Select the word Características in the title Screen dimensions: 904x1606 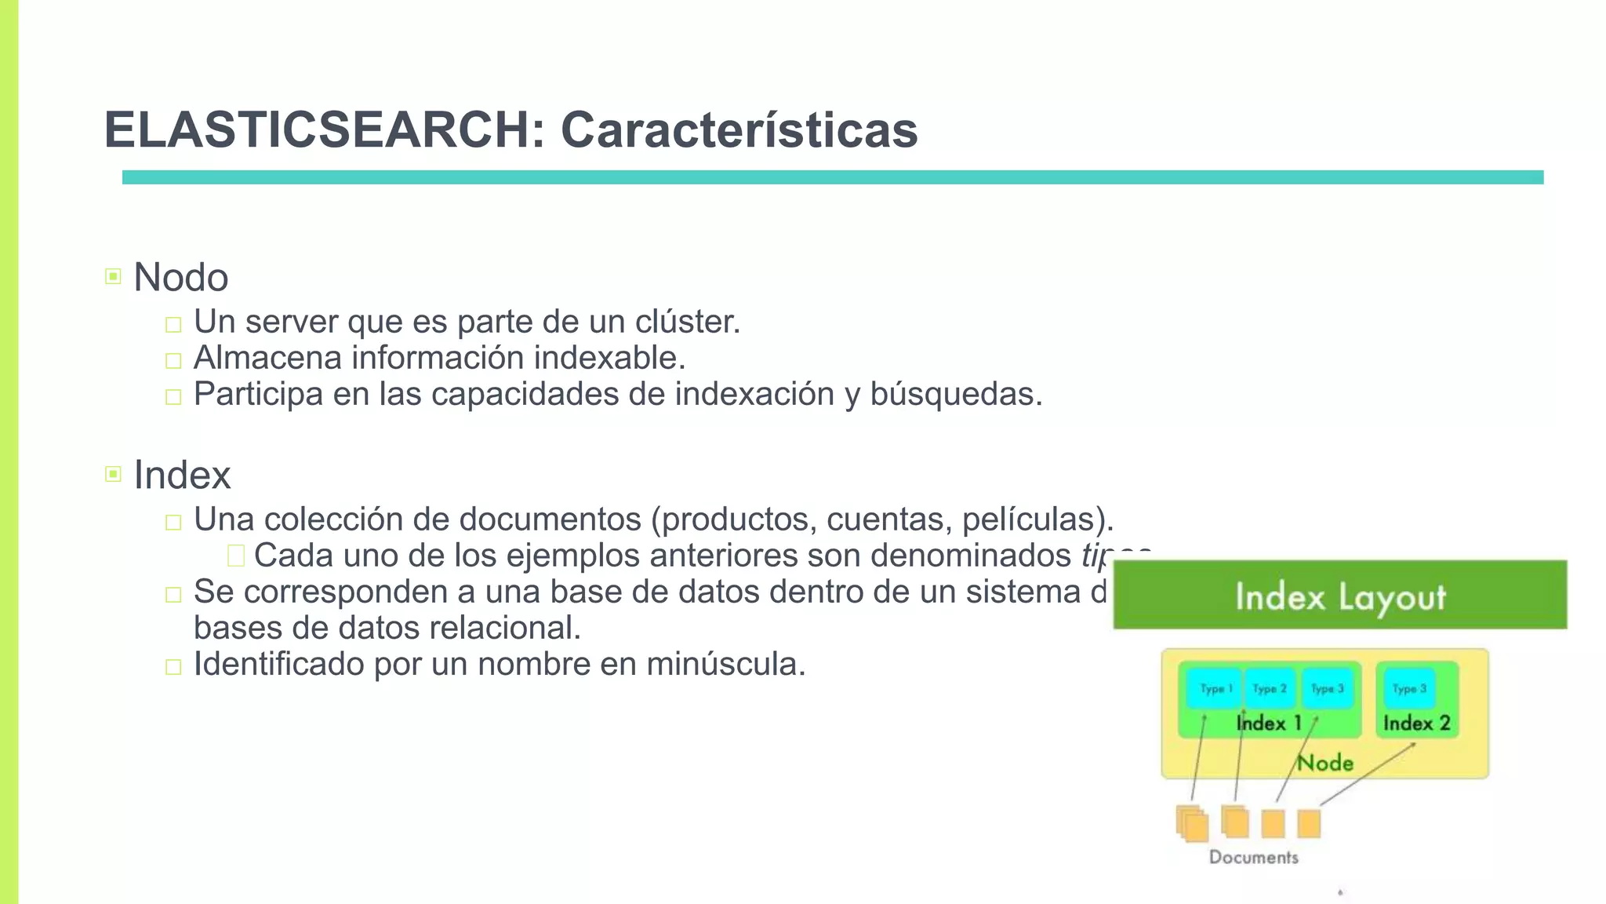point(739,129)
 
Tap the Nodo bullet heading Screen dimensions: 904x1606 point(181,277)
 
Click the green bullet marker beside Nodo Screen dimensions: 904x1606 point(113,276)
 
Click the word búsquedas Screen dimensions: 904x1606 point(956,394)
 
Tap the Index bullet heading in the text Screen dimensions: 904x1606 point(182,475)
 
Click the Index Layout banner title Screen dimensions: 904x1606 point(1340,596)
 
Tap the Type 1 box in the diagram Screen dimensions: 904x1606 point(1215,688)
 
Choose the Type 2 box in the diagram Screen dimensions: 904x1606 point(1270,688)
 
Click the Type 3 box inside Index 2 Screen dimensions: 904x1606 point(1409,688)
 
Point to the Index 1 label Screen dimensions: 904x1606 point(1268,723)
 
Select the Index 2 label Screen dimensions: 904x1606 point(1416,723)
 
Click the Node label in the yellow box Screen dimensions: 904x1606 point(1325,763)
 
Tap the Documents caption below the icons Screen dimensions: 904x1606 point(1253,857)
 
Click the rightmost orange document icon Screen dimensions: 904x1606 point(1309,824)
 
